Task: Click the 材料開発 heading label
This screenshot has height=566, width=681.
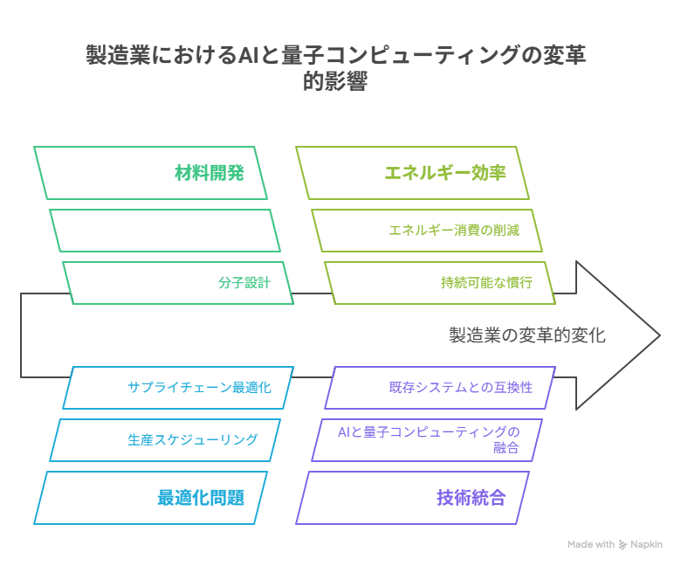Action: point(209,173)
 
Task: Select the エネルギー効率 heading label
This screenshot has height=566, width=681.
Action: point(445,173)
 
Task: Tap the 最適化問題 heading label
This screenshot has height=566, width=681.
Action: point(200,498)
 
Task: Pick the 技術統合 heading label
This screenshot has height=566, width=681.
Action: point(471,498)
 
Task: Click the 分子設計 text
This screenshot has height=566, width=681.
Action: point(244,283)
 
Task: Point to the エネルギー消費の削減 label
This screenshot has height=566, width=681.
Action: point(454,231)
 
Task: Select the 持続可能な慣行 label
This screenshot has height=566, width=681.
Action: point(486,283)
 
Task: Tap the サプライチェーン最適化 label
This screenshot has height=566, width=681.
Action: point(199,388)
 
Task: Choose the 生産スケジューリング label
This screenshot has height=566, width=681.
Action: point(193,439)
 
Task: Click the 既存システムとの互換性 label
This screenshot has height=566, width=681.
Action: point(460,388)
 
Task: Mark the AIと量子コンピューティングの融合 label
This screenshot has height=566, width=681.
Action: point(428,439)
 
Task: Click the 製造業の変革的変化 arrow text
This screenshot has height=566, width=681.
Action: point(526,335)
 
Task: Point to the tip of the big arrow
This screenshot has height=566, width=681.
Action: point(659,335)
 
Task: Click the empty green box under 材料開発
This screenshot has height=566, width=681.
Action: point(165,231)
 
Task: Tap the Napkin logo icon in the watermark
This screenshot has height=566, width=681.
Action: point(623,544)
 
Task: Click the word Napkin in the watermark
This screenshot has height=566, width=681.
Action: point(647,544)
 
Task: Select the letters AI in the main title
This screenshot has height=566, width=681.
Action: point(245,55)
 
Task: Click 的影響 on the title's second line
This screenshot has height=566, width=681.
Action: point(335,83)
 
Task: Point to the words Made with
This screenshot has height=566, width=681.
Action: point(590,544)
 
